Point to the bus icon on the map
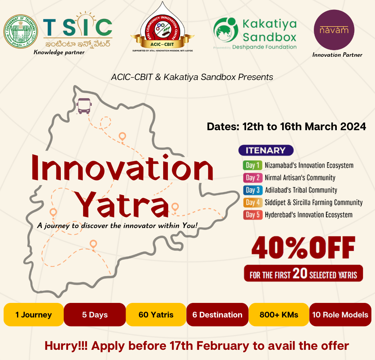[84, 106]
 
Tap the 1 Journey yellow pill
[33, 315]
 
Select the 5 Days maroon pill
[95, 315]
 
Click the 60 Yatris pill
[156, 315]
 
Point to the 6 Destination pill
[217, 315]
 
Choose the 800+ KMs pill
[279, 315]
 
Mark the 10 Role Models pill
[340, 315]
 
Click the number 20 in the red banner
[300, 273]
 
